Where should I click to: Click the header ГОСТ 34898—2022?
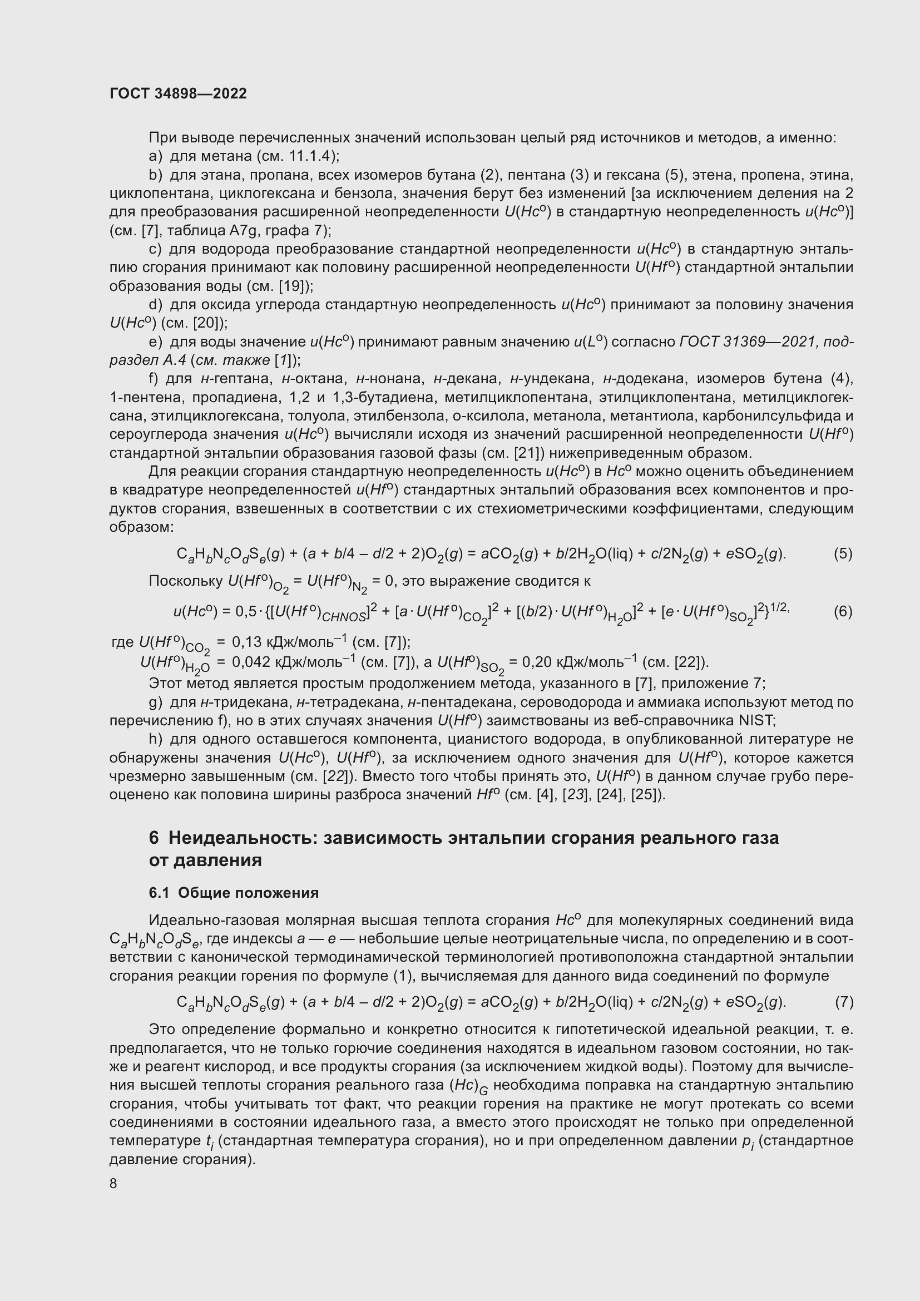click(x=178, y=93)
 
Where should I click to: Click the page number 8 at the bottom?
click(x=113, y=1183)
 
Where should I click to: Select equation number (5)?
click(x=843, y=553)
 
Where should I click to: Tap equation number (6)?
click(x=843, y=611)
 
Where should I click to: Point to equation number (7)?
click(x=844, y=1002)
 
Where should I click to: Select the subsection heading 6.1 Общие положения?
click(x=234, y=892)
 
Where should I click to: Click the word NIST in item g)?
click(x=756, y=720)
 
